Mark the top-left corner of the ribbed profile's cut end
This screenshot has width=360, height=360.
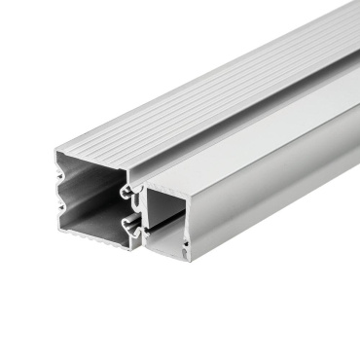click(55, 151)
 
